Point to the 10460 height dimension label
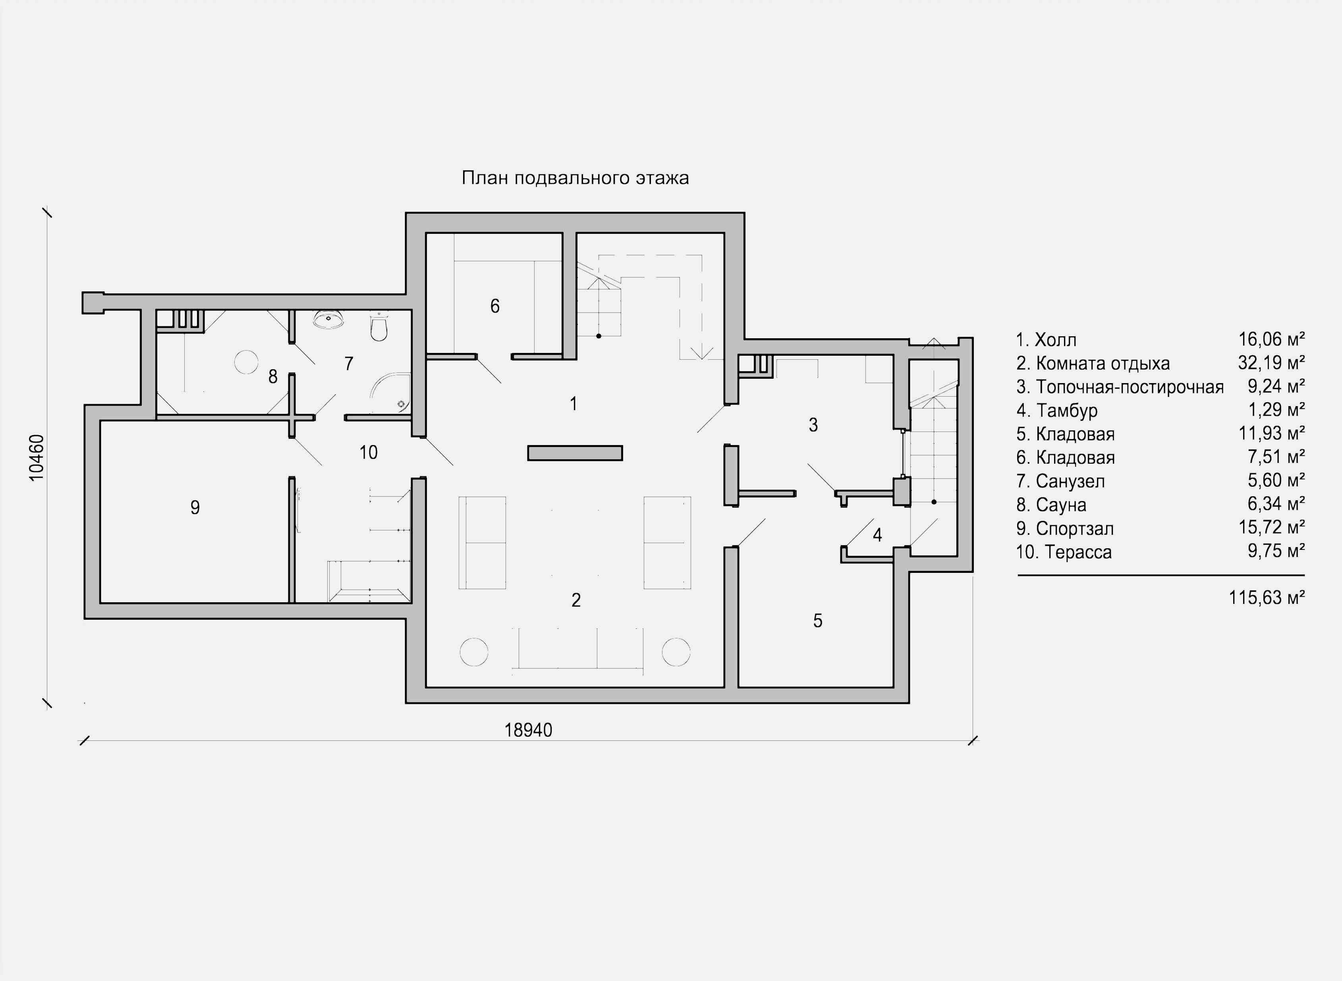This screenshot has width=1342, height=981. point(37,457)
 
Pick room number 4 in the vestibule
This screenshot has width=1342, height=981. point(877,535)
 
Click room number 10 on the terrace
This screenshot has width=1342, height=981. point(368,453)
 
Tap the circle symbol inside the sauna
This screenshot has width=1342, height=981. point(246,362)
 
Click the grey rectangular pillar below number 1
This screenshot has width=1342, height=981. point(574,453)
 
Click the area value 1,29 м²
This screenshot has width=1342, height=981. point(1276,410)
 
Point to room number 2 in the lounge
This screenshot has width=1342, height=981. point(575,600)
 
